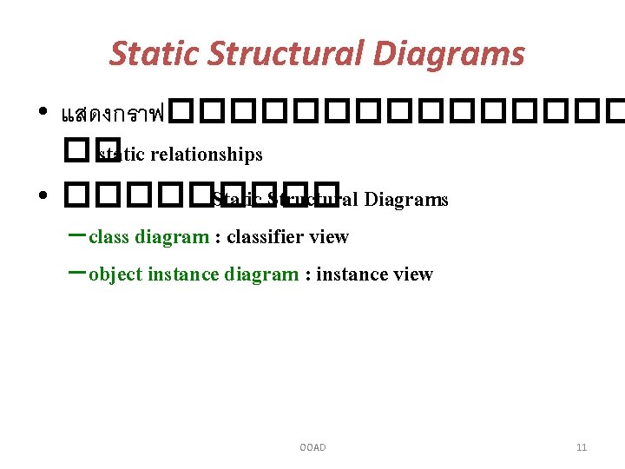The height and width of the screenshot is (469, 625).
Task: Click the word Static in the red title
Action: (x=152, y=54)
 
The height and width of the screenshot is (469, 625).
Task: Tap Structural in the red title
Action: (x=272, y=54)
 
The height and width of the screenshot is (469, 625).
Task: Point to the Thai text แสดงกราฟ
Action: (x=113, y=114)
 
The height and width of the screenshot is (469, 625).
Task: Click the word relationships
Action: (x=207, y=155)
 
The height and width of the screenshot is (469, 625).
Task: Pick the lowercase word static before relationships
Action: (x=122, y=155)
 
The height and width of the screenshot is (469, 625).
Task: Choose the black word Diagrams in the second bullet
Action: (x=406, y=200)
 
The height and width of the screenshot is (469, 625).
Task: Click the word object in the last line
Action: (x=115, y=274)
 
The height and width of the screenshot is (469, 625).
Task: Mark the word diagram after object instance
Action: (x=261, y=274)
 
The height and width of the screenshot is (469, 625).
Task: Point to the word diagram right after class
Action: (x=172, y=237)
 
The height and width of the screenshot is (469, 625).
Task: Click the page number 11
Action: (x=582, y=447)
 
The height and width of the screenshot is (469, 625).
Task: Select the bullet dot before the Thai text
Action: (x=43, y=115)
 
